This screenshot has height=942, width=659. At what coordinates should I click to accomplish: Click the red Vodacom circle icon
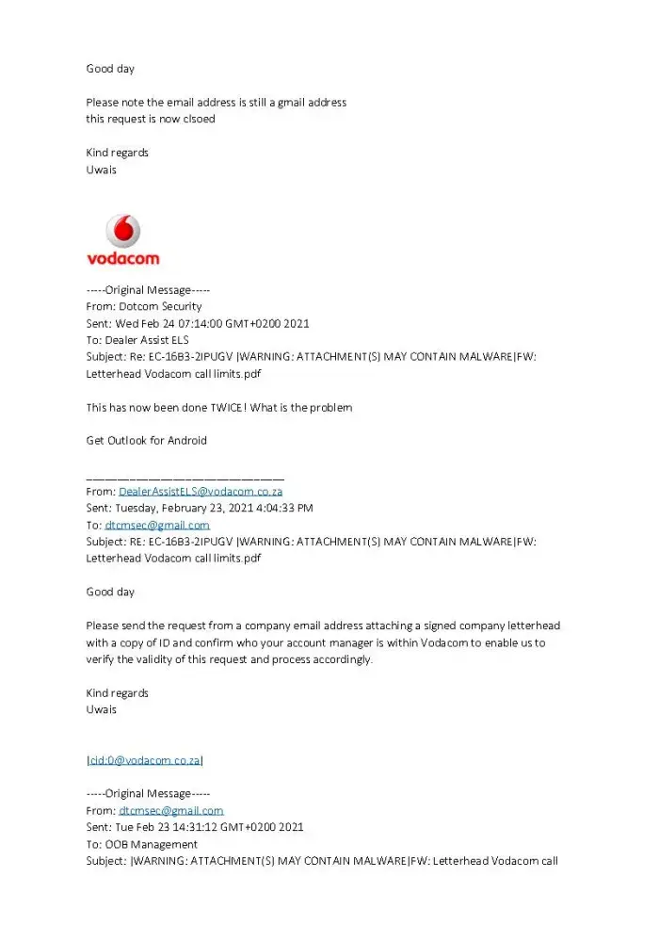[x=122, y=231]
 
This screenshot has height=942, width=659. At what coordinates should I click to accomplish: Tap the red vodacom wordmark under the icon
[x=122, y=258]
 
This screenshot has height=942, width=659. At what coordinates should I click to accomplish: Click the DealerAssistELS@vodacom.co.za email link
[x=201, y=491]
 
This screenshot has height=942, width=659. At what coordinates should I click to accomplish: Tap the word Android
[x=185, y=441]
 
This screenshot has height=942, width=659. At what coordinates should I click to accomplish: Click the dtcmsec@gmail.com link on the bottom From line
[x=171, y=810]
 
